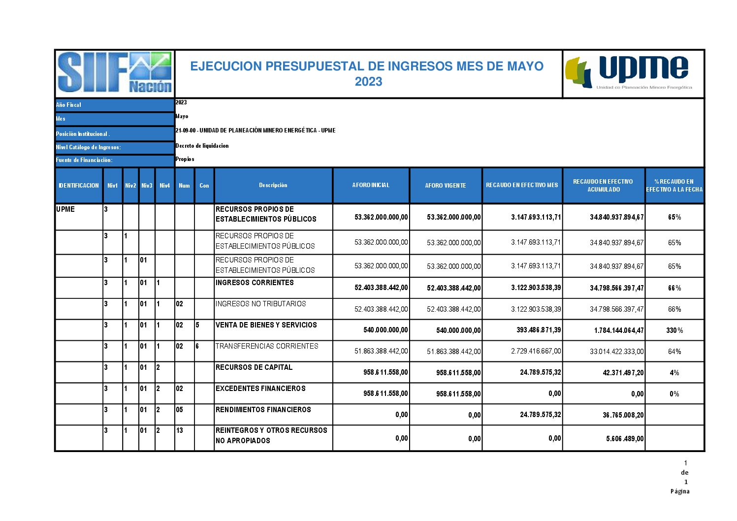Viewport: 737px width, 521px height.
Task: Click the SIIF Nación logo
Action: (115, 73)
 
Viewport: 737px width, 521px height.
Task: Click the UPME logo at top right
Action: (633, 73)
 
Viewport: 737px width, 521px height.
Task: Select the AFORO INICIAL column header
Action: (371, 185)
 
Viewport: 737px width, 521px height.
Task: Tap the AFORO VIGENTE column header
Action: (445, 186)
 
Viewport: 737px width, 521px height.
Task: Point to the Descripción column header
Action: (273, 185)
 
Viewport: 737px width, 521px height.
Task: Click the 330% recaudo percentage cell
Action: (674, 330)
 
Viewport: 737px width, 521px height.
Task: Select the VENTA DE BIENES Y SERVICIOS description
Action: (266, 325)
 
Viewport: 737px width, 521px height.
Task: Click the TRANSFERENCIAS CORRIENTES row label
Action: (266, 346)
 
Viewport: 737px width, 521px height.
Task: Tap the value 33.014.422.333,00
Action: (616, 352)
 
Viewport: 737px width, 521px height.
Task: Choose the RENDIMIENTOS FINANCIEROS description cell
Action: (263, 410)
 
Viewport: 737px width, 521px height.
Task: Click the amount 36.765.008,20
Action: (623, 415)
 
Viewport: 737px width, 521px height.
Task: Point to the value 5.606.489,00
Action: (624, 439)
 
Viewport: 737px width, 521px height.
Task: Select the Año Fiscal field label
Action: (68, 105)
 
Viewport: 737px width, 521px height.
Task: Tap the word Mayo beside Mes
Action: (182, 116)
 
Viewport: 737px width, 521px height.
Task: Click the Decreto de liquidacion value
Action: (202, 146)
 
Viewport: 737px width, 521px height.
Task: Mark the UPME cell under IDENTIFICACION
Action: (65, 209)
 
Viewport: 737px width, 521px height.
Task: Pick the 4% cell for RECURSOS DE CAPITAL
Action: (674, 373)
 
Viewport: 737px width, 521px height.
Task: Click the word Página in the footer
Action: (679, 491)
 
